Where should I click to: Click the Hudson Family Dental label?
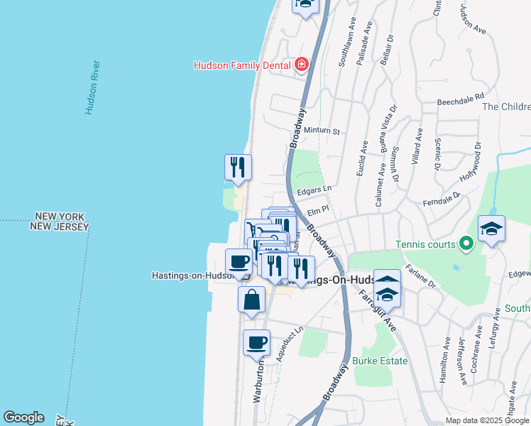tap(243, 65)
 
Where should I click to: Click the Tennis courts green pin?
tap(466, 244)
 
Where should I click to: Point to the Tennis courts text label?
tap(423, 244)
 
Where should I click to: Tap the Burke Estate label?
tap(380, 361)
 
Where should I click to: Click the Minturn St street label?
tap(322, 131)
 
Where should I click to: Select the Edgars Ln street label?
tap(314, 190)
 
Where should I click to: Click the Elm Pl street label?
tap(317, 210)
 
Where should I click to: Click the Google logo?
tap(23, 417)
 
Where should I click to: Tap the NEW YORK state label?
tap(60, 217)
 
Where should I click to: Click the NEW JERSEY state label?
tap(60, 226)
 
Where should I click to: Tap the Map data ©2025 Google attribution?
tap(488, 420)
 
